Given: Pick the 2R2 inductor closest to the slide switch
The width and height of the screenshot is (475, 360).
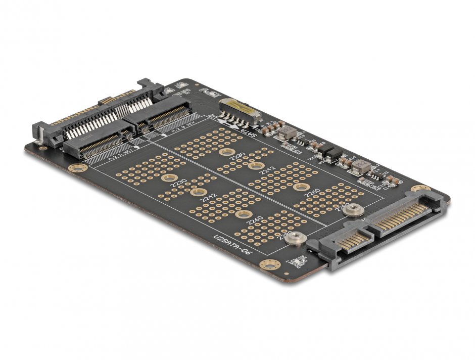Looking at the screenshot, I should (288, 132).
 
